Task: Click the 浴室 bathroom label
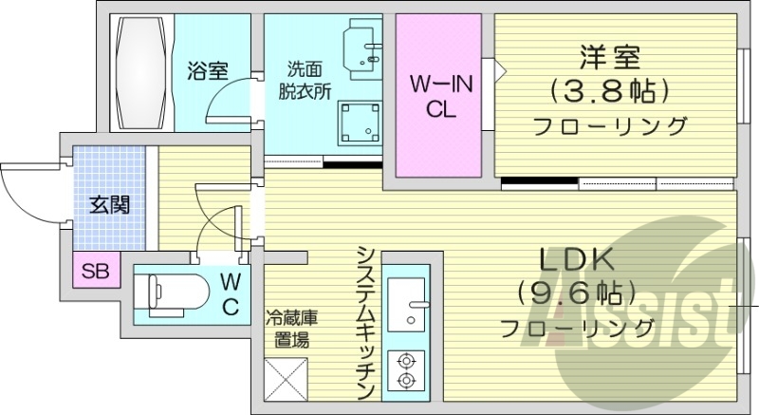(x=207, y=71)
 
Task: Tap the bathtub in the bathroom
(x=142, y=71)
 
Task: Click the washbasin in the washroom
(x=363, y=47)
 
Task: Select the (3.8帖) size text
(x=608, y=91)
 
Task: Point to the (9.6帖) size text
(x=578, y=292)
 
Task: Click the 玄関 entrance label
(x=109, y=203)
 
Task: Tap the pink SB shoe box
(x=95, y=273)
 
